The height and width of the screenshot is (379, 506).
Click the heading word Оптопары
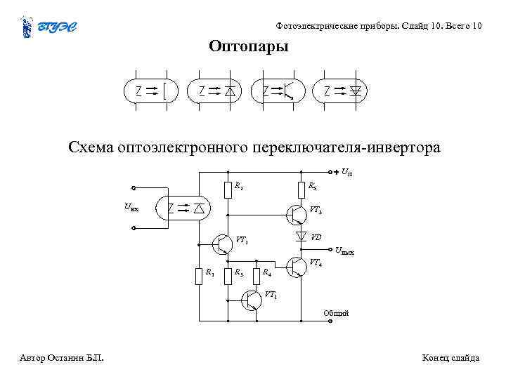click(249, 47)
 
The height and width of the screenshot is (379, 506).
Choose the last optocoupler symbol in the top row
click(342, 91)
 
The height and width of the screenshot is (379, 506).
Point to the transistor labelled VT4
click(296, 267)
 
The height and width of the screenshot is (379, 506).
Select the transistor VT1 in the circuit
click(222, 244)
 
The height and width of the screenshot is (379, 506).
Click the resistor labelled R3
click(228, 275)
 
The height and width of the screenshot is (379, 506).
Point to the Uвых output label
click(344, 251)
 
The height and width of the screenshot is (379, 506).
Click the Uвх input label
click(131, 207)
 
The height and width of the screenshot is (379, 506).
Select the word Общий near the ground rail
click(335, 313)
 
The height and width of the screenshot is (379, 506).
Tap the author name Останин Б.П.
click(75, 358)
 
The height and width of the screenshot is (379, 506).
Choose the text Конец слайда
click(450, 358)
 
